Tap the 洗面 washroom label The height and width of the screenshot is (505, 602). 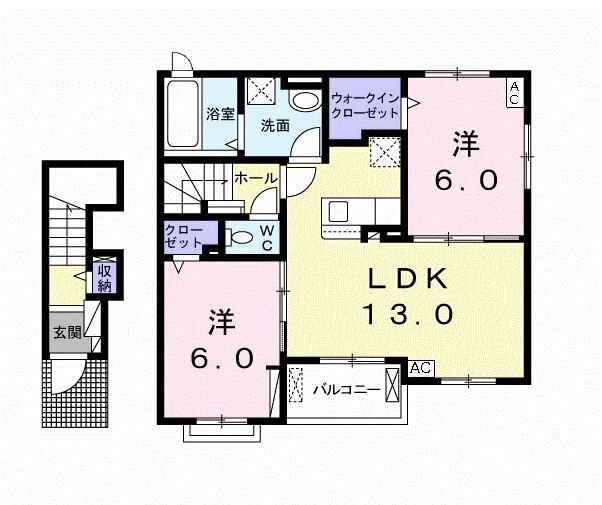click(276, 126)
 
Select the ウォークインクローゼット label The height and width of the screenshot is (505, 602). click(365, 106)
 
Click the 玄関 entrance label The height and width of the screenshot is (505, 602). click(67, 334)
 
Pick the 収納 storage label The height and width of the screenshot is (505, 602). click(104, 276)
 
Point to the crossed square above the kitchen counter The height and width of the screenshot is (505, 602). click(383, 153)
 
